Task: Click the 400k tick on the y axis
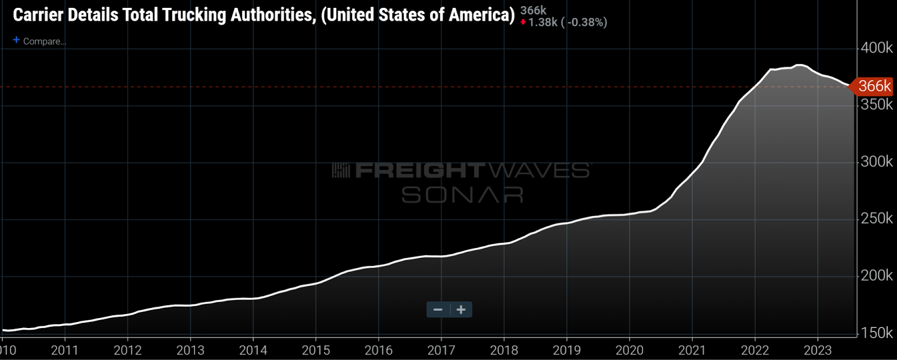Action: [876, 48]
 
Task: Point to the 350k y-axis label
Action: [876, 105]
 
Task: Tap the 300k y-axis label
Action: [876, 162]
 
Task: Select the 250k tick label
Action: [876, 219]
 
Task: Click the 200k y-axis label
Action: [876, 276]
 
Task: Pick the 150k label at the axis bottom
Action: [876, 333]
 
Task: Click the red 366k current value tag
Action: [873, 86]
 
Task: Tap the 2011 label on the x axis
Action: [64, 350]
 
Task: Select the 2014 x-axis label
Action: [253, 350]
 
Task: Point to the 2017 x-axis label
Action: [441, 350]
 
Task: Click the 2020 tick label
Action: [629, 350]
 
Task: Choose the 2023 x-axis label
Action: [817, 350]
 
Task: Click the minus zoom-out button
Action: [438, 310]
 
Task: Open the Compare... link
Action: [44, 41]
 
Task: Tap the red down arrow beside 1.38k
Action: [523, 22]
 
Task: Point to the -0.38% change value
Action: [586, 22]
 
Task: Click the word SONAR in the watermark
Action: [463, 195]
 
